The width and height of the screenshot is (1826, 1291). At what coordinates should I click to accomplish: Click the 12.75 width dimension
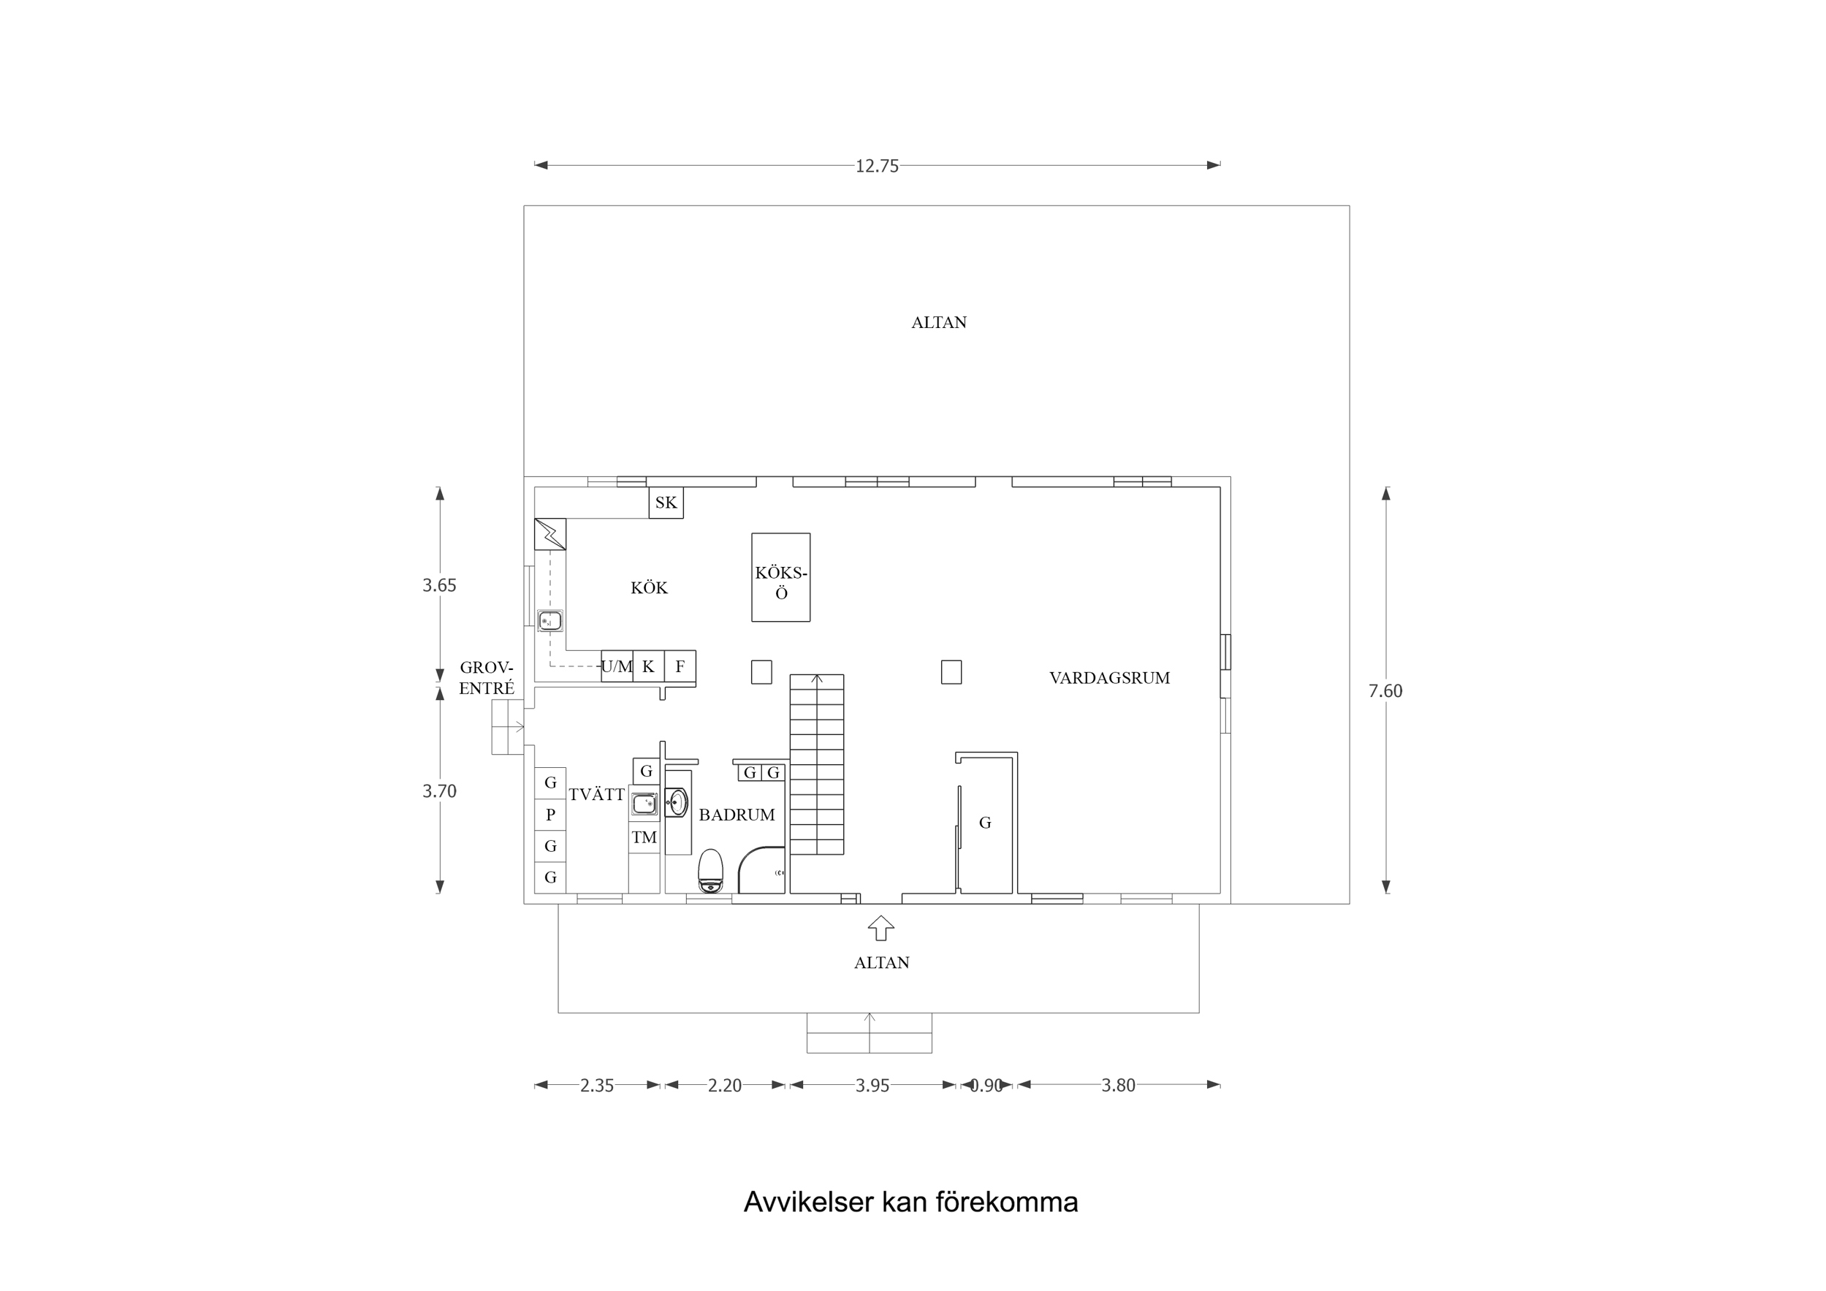pos(876,165)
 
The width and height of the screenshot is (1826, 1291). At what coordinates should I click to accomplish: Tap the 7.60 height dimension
pos(1385,690)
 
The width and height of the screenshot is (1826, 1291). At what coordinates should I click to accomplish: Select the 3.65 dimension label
pos(439,585)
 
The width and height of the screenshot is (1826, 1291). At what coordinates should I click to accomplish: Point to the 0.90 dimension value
pos(986,1086)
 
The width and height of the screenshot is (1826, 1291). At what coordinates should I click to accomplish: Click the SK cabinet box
pos(666,503)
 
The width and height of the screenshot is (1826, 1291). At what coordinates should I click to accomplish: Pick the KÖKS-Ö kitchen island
pos(780,577)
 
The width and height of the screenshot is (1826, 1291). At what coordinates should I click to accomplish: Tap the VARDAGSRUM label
pos(1108,678)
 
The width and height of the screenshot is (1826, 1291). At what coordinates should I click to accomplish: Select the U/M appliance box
pos(617,666)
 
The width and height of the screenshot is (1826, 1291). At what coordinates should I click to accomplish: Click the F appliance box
pos(680,666)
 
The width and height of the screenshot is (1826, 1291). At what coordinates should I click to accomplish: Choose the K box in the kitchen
pos(648,666)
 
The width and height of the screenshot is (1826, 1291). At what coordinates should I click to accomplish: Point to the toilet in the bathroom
pos(710,871)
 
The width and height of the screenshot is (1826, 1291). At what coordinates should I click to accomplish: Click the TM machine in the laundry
pos(644,837)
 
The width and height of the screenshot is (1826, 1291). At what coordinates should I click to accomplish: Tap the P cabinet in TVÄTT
pos(549,815)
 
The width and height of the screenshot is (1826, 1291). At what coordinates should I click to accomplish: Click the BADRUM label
pos(737,815)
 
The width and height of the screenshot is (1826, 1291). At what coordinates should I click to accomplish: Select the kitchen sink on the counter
pos(549,620)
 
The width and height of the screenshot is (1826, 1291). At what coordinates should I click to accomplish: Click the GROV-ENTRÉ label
pos(486,678)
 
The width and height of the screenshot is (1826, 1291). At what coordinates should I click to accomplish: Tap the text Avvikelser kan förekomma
pos(910,1202)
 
